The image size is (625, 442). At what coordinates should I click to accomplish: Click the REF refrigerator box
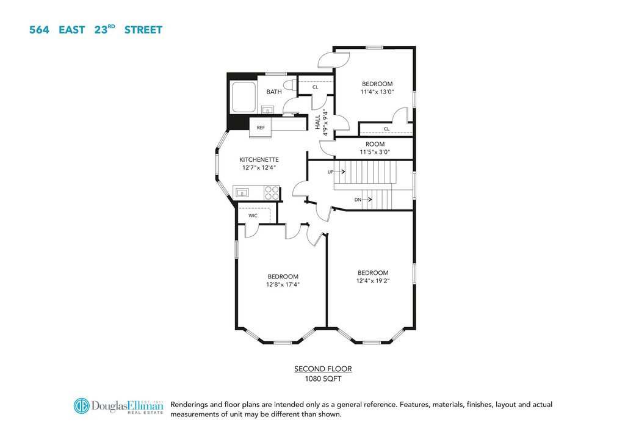click(x=260, y=128)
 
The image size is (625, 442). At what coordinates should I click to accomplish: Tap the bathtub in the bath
click(x=244, y=97)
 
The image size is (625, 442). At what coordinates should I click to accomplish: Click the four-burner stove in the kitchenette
click(x=272, y=194)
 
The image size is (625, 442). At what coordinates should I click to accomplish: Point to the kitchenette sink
click(x=242, y=194)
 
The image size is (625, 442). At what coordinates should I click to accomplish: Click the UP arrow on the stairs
click(x=340, y=172)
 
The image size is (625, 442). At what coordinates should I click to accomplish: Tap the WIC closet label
click(x=253, y=216)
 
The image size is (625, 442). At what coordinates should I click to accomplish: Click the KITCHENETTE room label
click(x=259, y=159)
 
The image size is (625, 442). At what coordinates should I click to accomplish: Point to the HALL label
click(x=317, y=122)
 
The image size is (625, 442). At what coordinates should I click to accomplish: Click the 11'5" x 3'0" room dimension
click(x=375, y=152)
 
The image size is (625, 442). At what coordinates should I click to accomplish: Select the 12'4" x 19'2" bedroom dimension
click(x=373, y=281)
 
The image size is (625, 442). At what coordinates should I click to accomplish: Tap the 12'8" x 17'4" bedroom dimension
click(x=283, y=284)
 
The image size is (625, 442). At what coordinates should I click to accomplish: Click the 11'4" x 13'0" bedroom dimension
click(x=377, y=92)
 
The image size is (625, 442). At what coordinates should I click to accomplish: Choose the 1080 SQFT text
click(x=323, y=379)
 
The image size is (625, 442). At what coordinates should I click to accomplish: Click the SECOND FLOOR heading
click(x=323, y=369)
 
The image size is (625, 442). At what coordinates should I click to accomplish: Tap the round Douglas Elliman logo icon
click(x=81, y=406)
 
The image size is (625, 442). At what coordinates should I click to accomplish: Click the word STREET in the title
click(x=143, y=30)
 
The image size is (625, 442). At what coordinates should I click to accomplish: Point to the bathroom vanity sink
click(x=267, y=109)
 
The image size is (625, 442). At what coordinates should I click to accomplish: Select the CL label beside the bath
click(x=316, y=87)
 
